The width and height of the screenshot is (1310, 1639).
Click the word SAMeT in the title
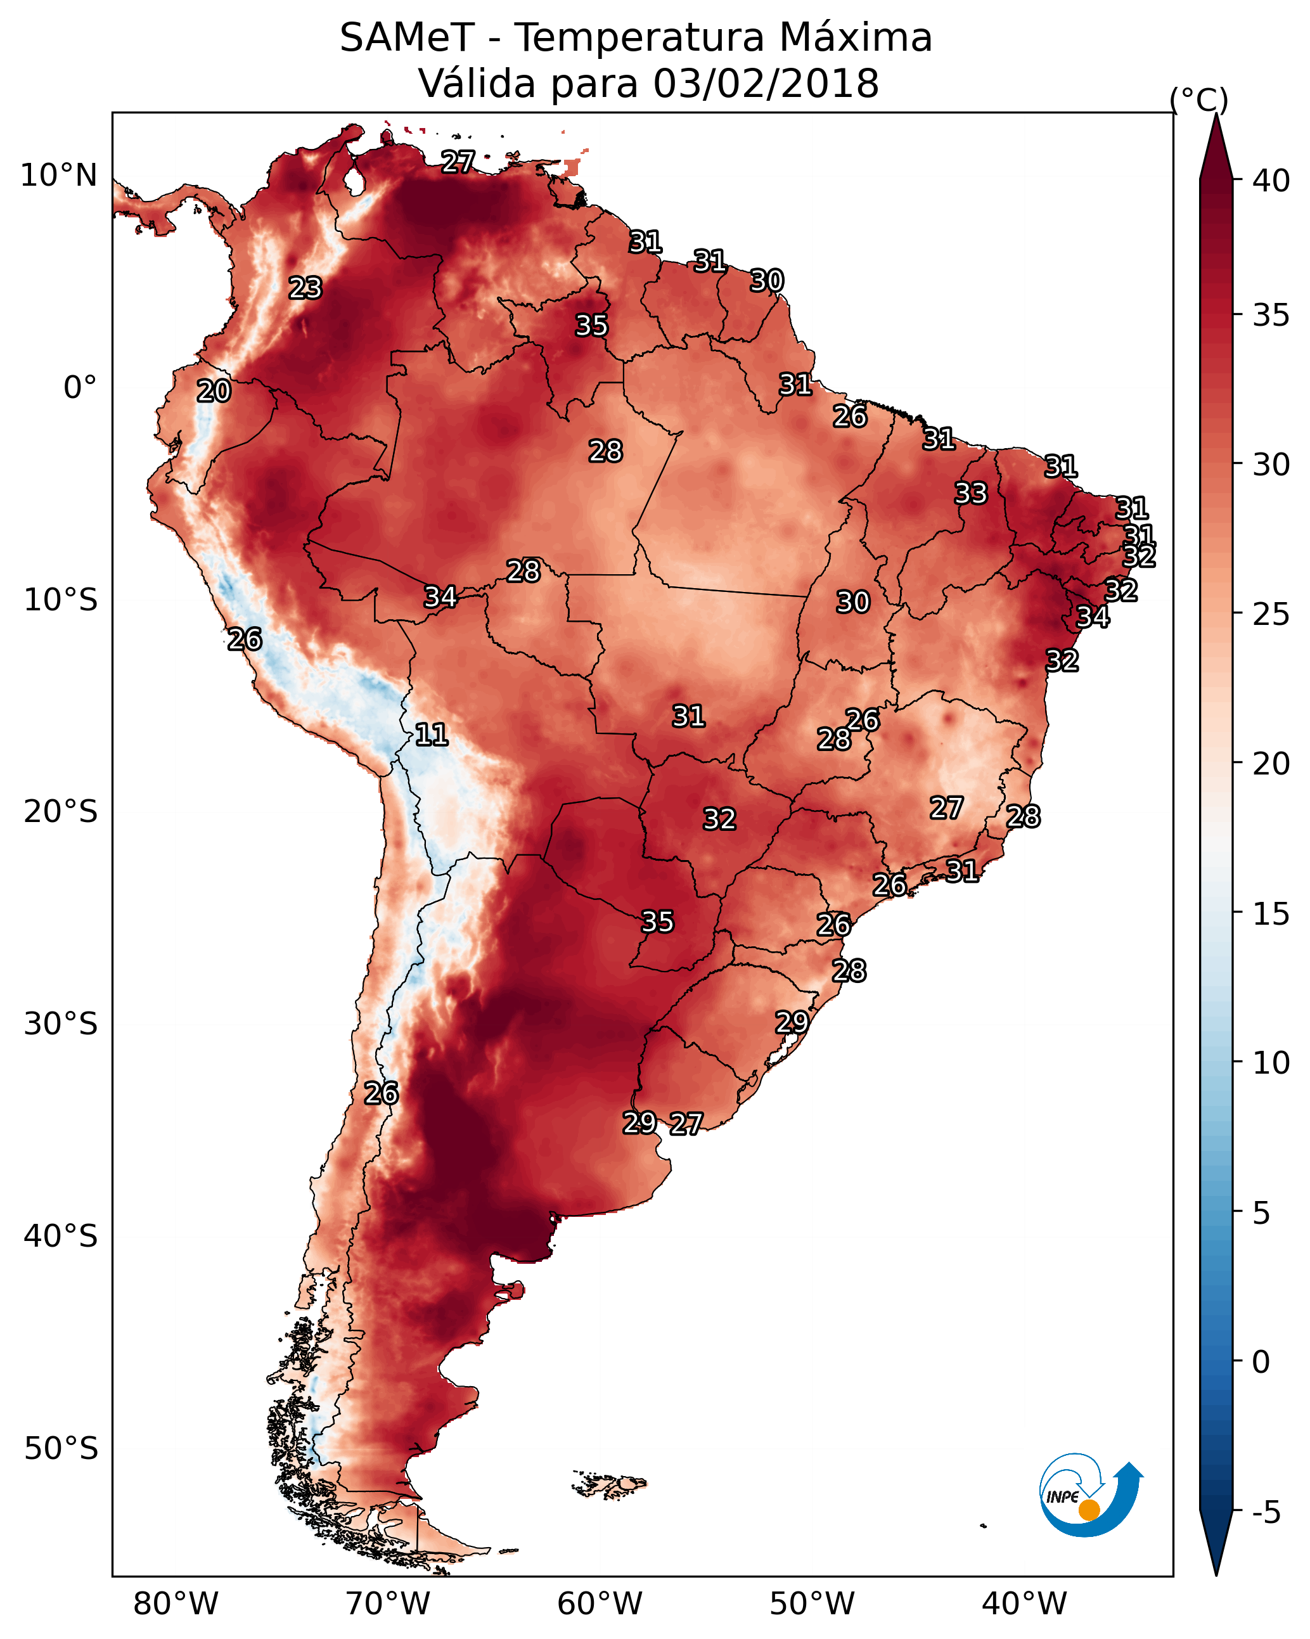[x=408, y=38]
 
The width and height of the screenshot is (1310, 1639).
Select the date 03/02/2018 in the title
[x=766, y=83]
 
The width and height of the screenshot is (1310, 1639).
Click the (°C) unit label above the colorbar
[x=1199, y=100]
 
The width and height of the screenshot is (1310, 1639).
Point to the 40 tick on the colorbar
[x=1271, y=181]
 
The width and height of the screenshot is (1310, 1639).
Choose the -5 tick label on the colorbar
[x=1267, y=1512]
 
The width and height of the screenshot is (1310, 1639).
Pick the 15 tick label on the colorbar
[x=1271, y=914]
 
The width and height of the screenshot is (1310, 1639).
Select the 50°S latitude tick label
[x=61, y=1449]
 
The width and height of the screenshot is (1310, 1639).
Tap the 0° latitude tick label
[x=80, y=388]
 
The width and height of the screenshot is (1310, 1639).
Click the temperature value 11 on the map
[x=431, y=735]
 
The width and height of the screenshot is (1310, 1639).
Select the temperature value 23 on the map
[x=305, y=288]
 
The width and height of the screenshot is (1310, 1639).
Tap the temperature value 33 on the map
[x=971, y=493]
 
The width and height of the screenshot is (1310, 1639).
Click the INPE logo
[x=1091, y=1494]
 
